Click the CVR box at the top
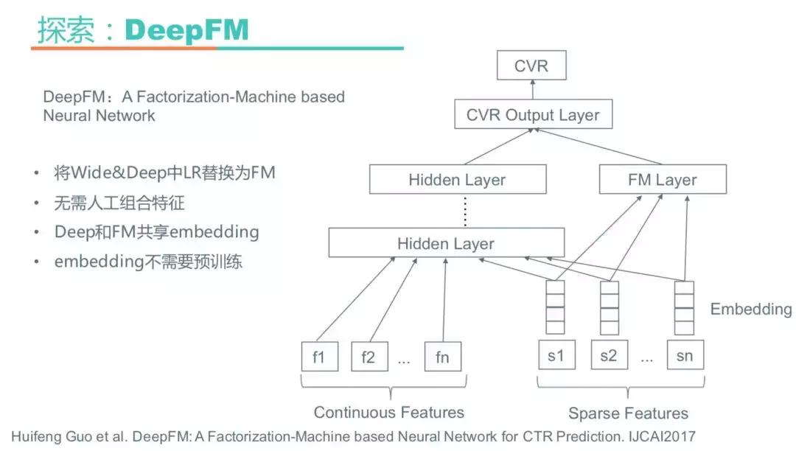(x=531, y=66)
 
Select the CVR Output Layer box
(x=533, y=115)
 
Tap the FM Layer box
(x=663, y=180)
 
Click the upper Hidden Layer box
(x=457, y=180)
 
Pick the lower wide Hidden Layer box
(x=446, y=243)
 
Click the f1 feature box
(x=318, y=357)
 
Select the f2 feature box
(x=368, y=357)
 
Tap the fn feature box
(x=442, y=357)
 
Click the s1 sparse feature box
(x=556, y=357)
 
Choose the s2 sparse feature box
(x=608, y=357)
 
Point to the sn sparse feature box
(x=684, y=357)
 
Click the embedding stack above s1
(x=555, y=307)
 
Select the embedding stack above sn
(x=684, y=307)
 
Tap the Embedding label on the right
(x=750, y=310)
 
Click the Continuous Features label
(x=389, y=412)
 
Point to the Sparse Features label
(x=628, y=413)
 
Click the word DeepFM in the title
(x=186, y=30)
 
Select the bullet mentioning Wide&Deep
(x=164, y=174)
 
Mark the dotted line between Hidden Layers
(x=465, y=211)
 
